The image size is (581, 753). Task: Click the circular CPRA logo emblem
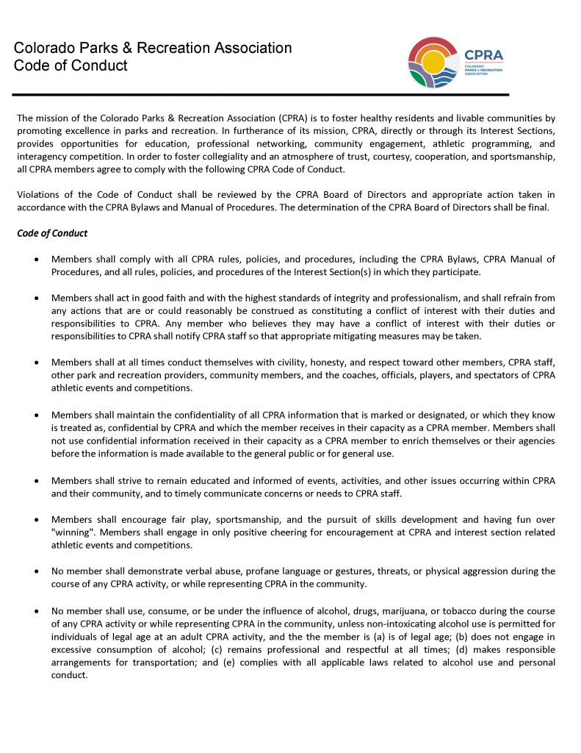click(433, 63)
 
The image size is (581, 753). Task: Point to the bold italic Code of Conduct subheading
click(52, 233)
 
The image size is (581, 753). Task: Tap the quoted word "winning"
click(72, 532)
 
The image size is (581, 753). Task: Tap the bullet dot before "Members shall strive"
click(37, 481)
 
